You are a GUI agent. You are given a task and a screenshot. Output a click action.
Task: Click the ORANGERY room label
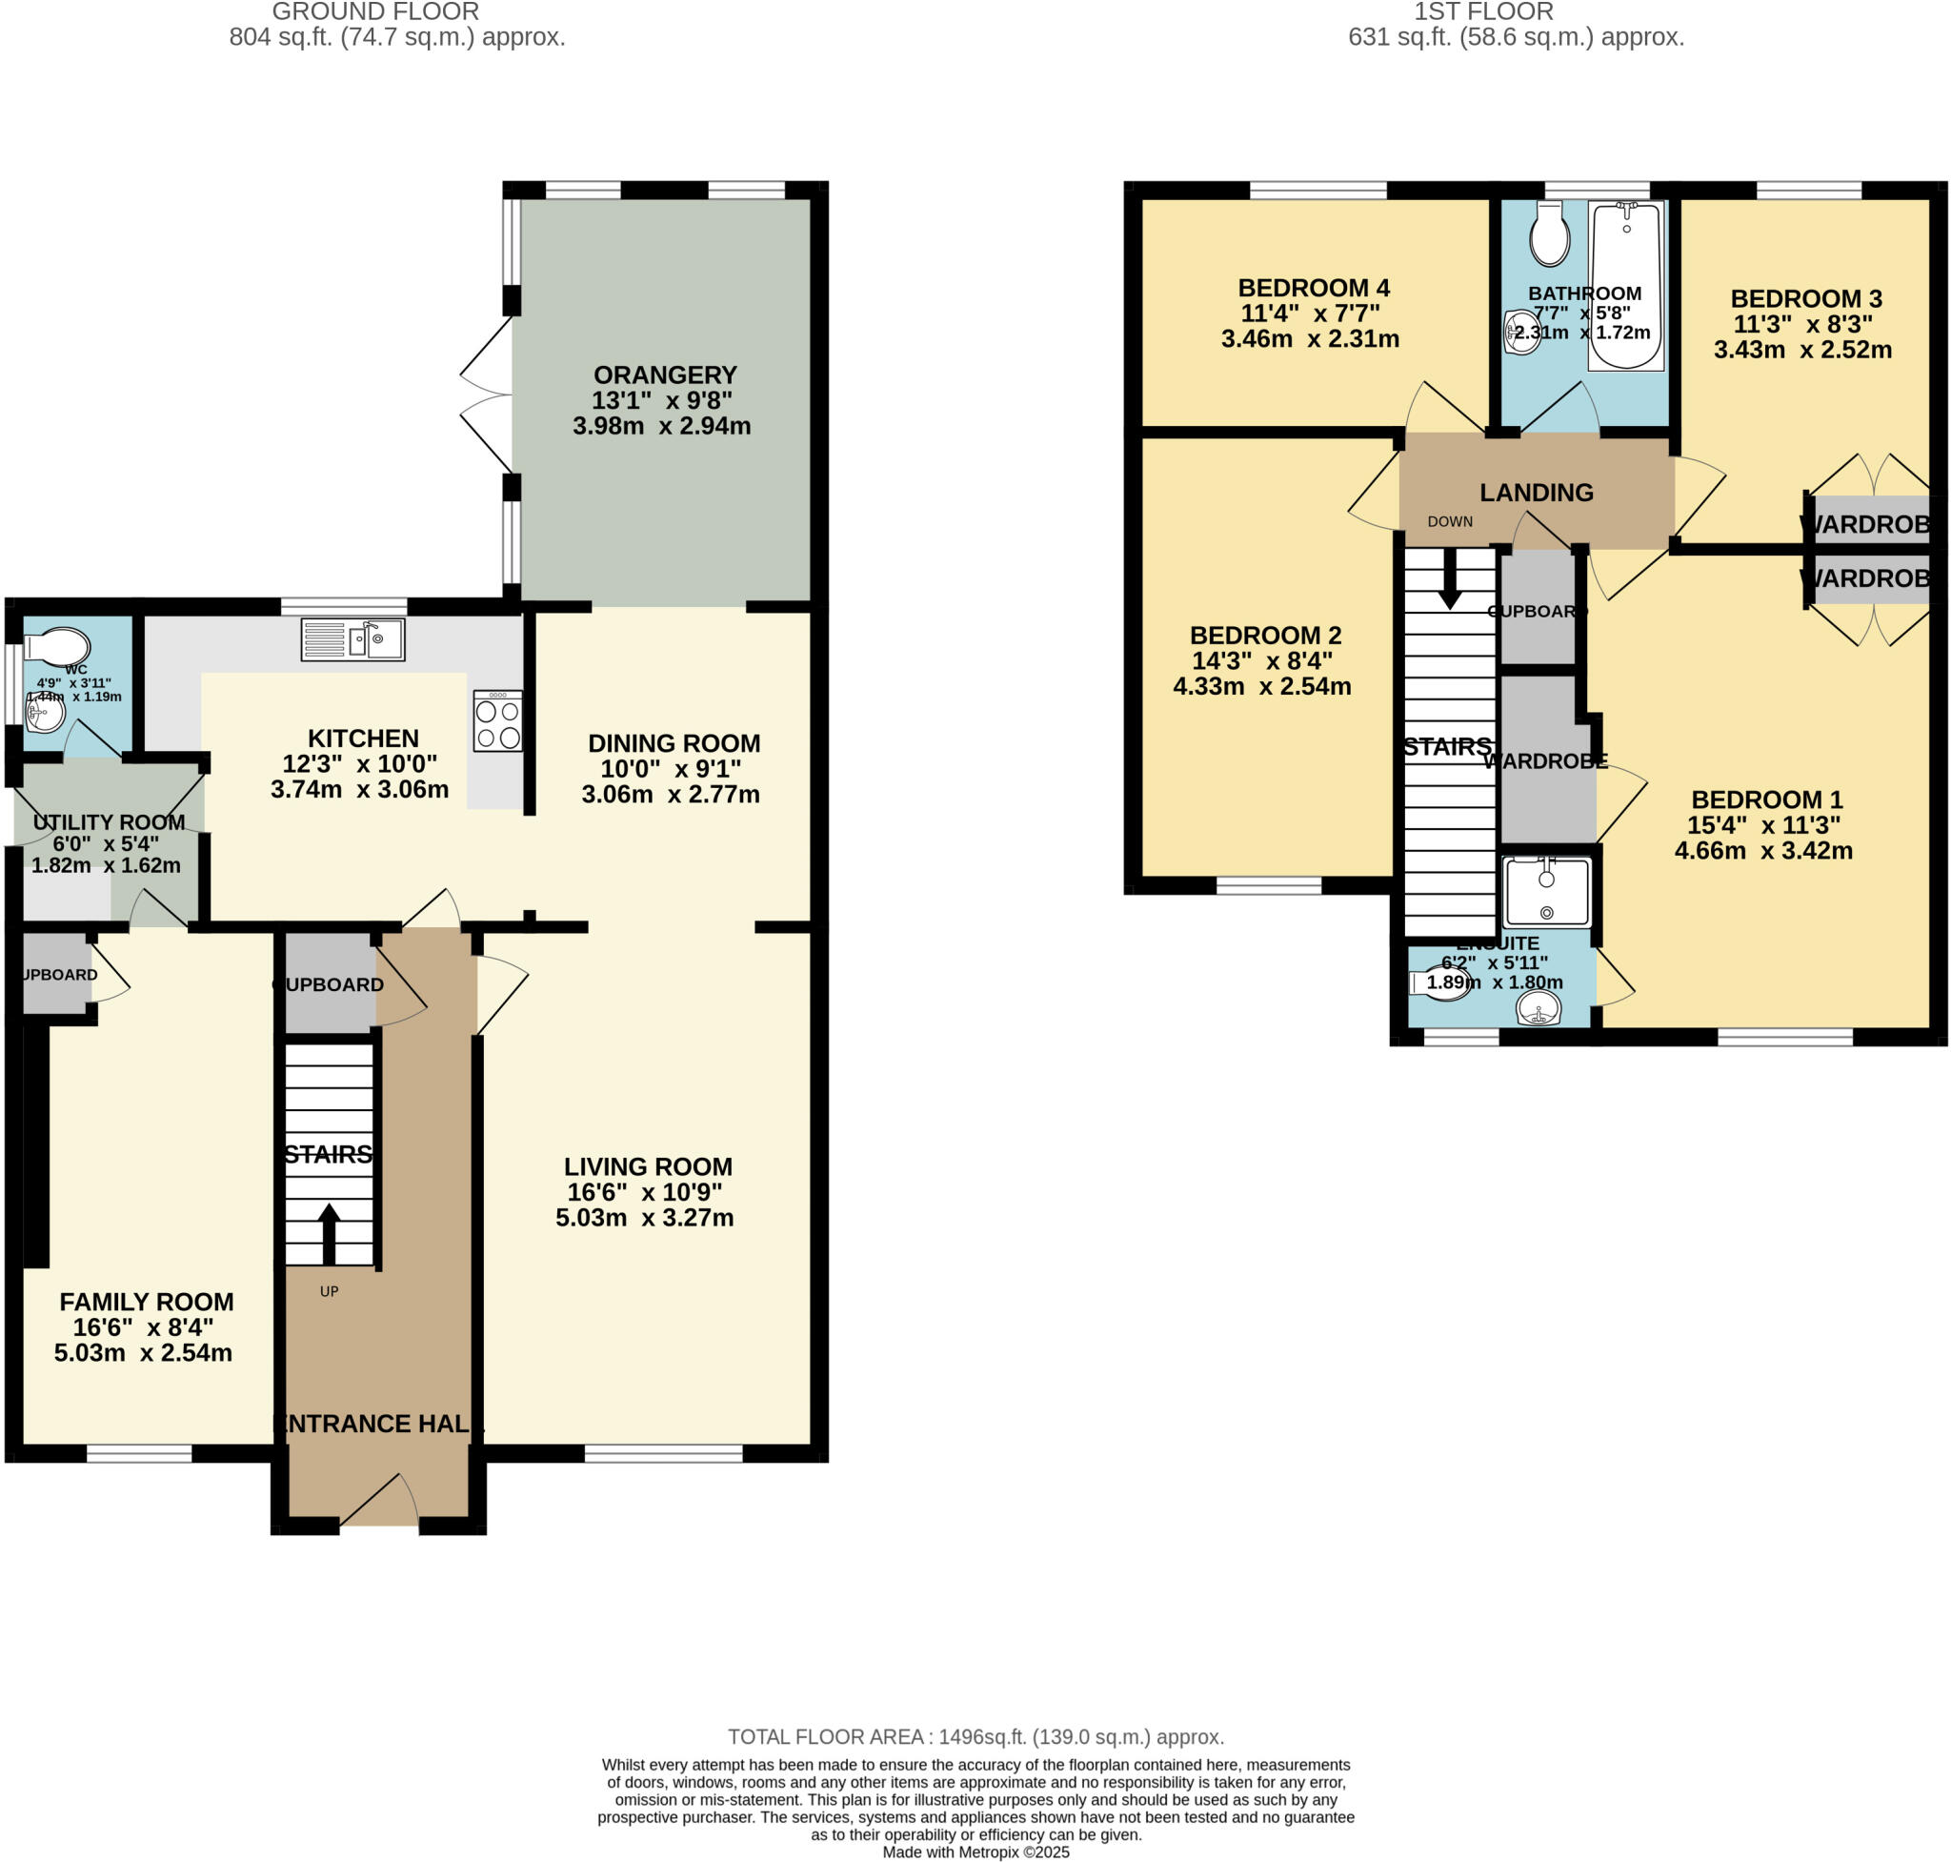(664, 375)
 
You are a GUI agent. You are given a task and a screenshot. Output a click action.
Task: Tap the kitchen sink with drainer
(352, 639)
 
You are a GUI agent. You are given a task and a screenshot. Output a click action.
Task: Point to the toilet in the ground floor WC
(57, 646)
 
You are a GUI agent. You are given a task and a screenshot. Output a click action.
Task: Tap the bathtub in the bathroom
(1624, 285)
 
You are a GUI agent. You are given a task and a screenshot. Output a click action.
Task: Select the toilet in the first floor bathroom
(1549, 236)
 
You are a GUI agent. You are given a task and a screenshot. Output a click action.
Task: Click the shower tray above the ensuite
(1546, 892)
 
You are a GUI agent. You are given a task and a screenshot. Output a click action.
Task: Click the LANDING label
(1537, 493)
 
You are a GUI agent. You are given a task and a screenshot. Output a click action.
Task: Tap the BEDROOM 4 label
(1313, 288)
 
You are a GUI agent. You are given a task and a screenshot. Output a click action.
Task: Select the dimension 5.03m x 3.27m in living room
(644, 1218)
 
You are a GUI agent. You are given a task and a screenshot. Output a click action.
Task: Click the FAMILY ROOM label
(146, 1302)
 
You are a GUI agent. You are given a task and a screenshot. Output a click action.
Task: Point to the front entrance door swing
(380, 1500)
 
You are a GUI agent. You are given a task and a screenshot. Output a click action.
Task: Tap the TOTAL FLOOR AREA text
(975, 1737)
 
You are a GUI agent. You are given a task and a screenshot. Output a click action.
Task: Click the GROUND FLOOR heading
(375, 11)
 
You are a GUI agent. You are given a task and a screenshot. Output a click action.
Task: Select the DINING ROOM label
(674, 742)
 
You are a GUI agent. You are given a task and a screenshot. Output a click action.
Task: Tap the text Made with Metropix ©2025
(975, 1852)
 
